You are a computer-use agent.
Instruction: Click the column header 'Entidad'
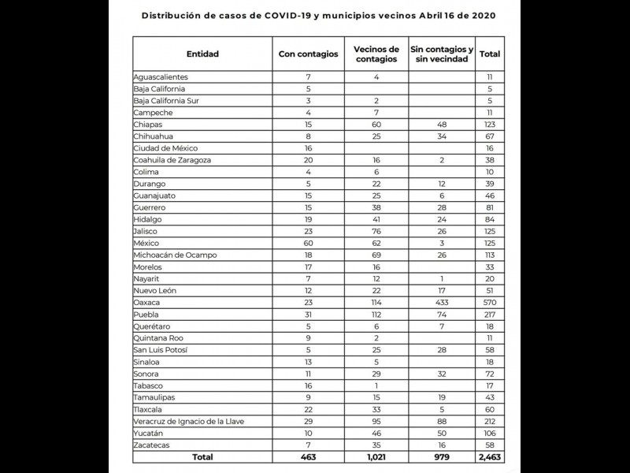pos(202,54)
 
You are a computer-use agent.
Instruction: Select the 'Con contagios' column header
pos(309,54)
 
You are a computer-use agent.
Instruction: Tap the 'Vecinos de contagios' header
pos(376,54)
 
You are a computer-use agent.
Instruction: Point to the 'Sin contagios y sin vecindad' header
pos(442,54)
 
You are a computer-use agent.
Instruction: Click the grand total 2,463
pos(490,457)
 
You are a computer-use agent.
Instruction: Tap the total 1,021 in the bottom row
pos(376,457)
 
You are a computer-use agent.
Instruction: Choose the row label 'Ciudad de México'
pos(165,148)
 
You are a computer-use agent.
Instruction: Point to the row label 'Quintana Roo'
pos(158,338)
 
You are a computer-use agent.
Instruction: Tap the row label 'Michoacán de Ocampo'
pos(175,255)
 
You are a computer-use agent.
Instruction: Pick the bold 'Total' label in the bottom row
pos(202,457)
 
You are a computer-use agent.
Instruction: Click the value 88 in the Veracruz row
pos(442,422)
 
